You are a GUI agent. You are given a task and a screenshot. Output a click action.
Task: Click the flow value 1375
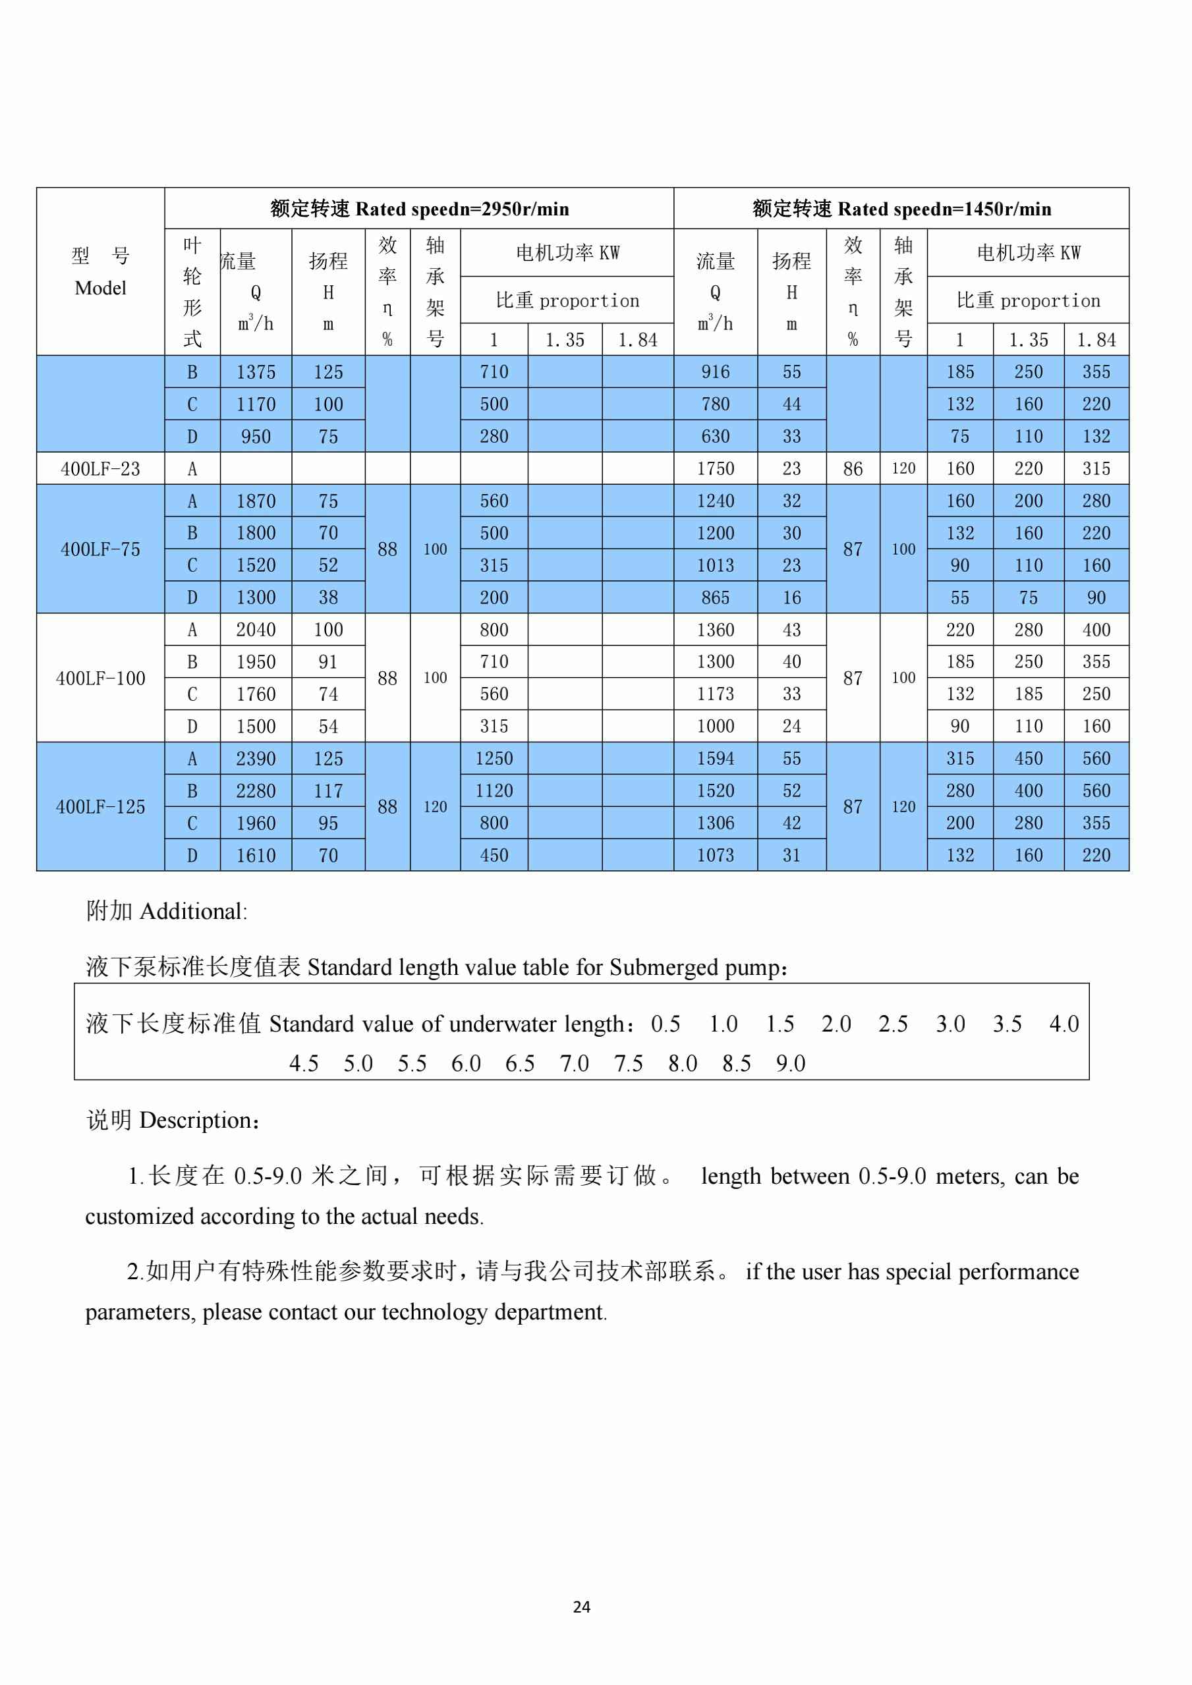256,372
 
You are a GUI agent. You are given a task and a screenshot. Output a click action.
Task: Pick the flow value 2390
256,759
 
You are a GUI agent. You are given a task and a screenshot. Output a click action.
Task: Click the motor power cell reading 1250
494,759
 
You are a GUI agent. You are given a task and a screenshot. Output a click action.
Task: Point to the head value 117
328,791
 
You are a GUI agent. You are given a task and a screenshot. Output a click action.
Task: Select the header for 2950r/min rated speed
419,209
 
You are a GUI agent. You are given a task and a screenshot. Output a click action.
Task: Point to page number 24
581,1607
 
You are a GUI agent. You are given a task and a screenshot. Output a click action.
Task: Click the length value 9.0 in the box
791,1063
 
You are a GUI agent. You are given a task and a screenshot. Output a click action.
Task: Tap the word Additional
192,912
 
